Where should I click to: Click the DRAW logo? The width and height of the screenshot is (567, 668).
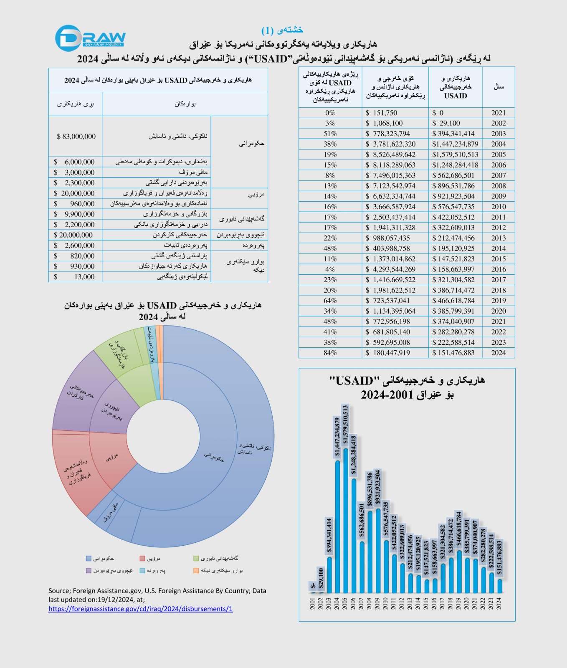pos(91,38)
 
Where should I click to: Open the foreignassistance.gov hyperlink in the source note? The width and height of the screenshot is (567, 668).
pos(140,609)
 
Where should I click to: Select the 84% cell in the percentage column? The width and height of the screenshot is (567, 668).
pos(330,353)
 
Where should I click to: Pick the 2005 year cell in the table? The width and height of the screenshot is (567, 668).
pos(498,154)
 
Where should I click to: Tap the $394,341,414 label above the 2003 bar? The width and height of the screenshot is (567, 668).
pos(329,536)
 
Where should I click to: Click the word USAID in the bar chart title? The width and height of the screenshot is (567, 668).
pos(351,381)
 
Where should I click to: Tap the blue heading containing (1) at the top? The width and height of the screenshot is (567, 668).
pos(282,30)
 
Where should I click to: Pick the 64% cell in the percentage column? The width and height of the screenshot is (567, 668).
pos(330,301)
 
